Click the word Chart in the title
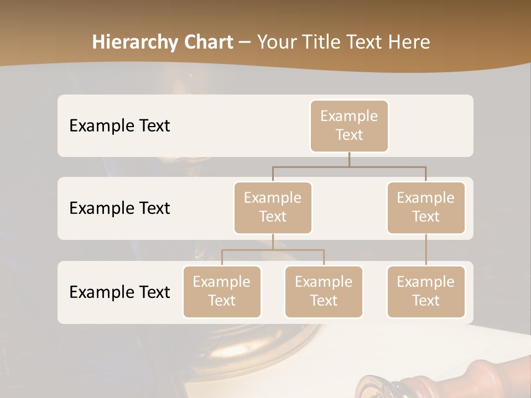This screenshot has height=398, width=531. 206,42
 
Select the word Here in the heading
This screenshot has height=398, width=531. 409,42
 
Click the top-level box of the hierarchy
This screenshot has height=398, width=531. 349,125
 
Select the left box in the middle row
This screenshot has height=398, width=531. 273,207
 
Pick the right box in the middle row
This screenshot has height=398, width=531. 426,207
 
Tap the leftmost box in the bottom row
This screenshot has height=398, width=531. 222,291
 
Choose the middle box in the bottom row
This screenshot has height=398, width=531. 324,291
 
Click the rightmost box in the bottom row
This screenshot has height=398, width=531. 426,291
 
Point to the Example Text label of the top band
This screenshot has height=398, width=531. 119,125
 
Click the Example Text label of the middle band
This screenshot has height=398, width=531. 119,208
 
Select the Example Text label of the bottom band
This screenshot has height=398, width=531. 119,292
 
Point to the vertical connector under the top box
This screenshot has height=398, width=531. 349,159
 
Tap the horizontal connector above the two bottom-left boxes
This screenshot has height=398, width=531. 273,250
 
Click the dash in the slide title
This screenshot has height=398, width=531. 245,43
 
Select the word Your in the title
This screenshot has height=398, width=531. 275,42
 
